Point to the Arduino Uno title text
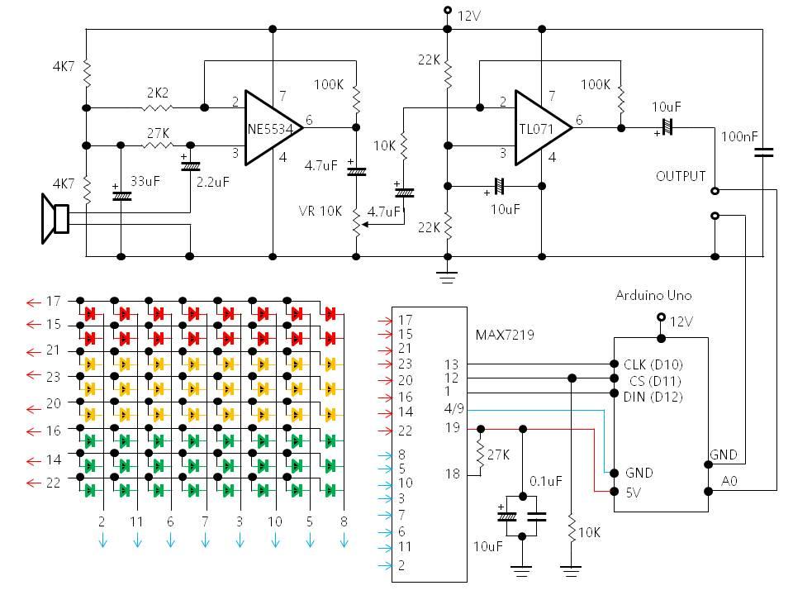[653, 295]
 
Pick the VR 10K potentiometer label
[321, 211]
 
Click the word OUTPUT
[681, 176]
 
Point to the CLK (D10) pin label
[652, 364]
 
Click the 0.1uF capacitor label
[545, 480]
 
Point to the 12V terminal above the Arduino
[660, 318]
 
